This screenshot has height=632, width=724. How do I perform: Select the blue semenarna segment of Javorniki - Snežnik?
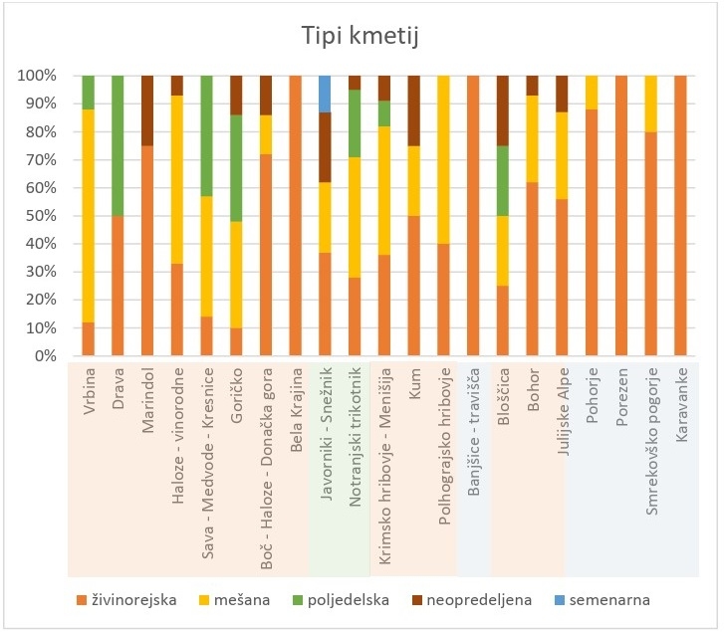click(324, 94)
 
